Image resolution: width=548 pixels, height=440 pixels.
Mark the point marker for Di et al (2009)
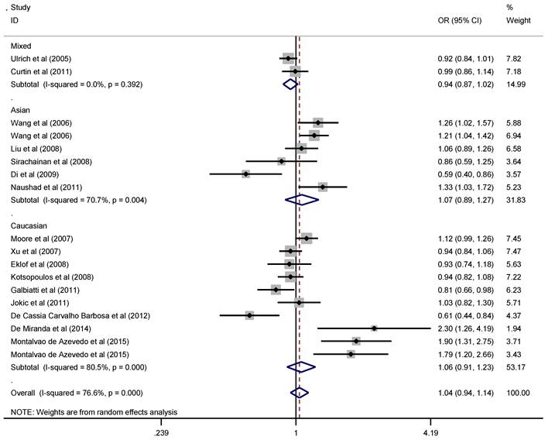[x=245, y=174]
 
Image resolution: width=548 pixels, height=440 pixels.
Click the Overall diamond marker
[x=298, y=393]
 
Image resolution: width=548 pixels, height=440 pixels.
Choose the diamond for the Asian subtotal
[x=302, y=200]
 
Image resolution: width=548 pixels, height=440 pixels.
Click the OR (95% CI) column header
[x=460, y=20]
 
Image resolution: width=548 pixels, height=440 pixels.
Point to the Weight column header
[x=518, y=20]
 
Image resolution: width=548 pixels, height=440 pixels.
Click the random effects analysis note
[x=94, y=411]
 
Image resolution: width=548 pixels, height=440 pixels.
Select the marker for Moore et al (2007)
[x=307, y=239]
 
